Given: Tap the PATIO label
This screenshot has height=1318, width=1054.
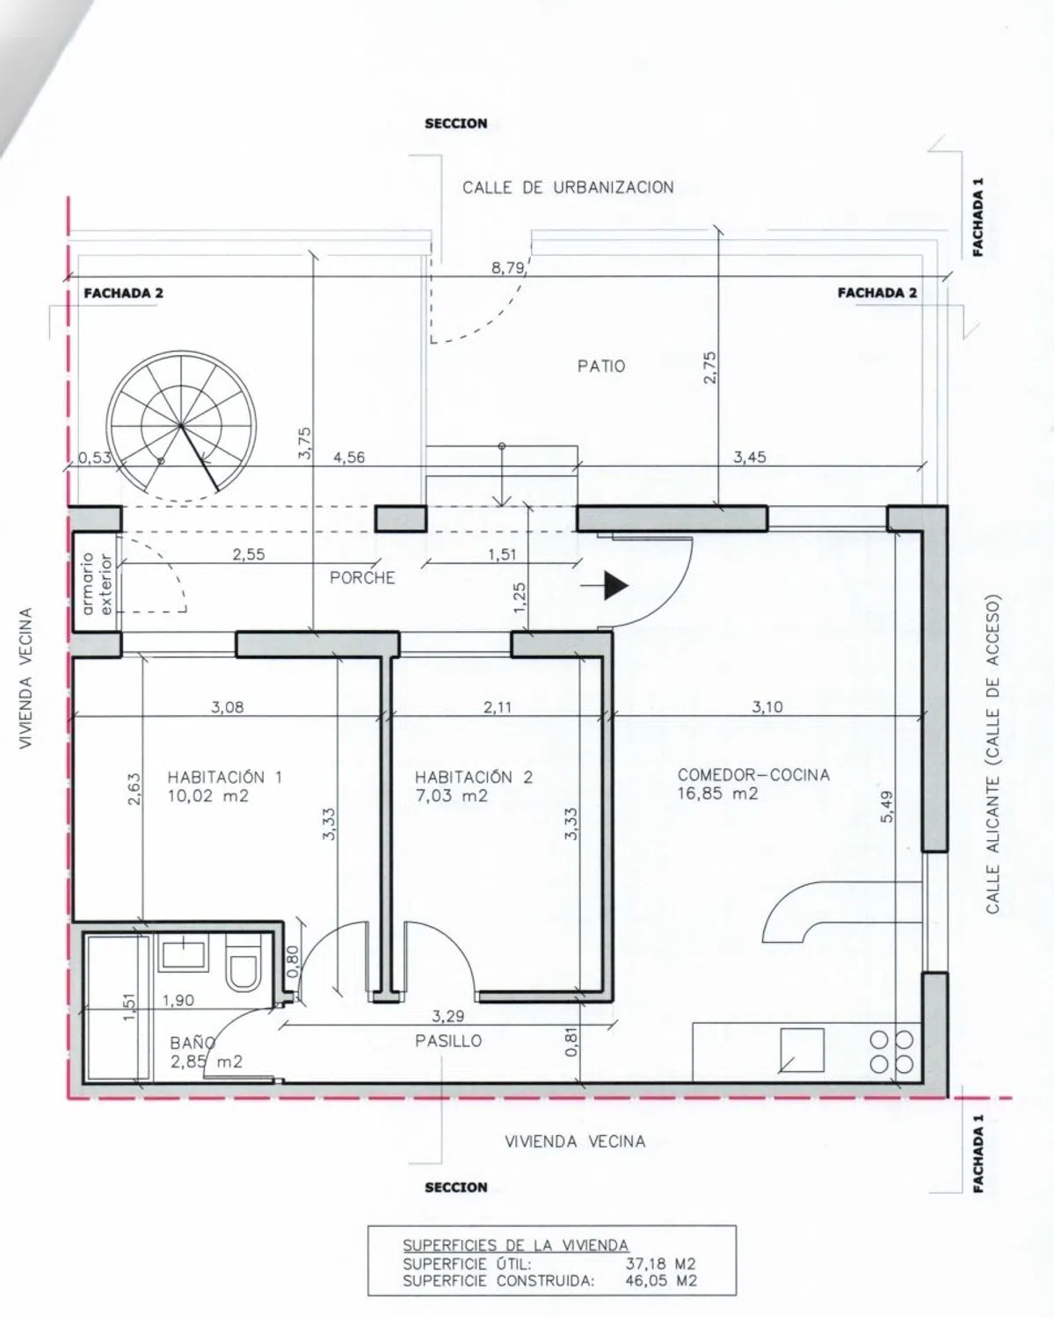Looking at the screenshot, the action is tap(601, 366).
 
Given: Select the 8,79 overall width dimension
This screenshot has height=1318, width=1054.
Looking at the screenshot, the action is tap(508, 268).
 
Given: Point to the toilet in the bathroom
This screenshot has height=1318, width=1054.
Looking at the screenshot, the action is tap(242, 962).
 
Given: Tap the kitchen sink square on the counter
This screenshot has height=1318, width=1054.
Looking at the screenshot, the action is tap(802, 1050).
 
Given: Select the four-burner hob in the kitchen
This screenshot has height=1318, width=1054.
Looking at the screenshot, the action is tap(892, 1051).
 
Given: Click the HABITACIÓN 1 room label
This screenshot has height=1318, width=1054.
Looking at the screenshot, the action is tap(225, 778).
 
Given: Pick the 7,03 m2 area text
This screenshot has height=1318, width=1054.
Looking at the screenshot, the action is tap(452, 796).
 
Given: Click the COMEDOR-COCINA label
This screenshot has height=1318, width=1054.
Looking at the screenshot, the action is tap(753, 775).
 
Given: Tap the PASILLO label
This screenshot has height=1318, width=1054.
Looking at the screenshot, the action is tap(448, 1040).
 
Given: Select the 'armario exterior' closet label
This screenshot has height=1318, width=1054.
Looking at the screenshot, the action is tap(97, 583).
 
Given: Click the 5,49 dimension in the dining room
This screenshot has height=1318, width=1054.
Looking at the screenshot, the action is tap(887, 807).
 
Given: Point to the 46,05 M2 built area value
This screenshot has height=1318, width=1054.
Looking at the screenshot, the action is tap(661, 1280).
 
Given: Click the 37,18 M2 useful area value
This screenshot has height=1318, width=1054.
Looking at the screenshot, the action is tap(660, 1264).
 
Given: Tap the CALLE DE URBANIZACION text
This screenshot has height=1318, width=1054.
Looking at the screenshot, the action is tap(568, 187).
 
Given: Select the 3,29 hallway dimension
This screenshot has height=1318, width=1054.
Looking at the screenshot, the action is tap(448, 1017).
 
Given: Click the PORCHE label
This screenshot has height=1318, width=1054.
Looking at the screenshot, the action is tap(362, 578).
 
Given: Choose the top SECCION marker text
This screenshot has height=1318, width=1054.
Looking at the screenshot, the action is tap(456, 124).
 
